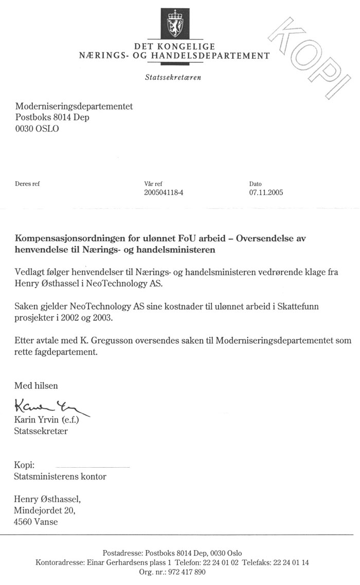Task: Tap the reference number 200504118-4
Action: (167, 193)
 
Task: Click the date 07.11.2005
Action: (266, 193)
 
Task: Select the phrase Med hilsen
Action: (36, 385)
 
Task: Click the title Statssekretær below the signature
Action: (41, 431)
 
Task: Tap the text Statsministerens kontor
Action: (60, 476)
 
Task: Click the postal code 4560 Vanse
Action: (36, 521)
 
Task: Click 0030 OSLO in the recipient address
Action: (37, 129)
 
